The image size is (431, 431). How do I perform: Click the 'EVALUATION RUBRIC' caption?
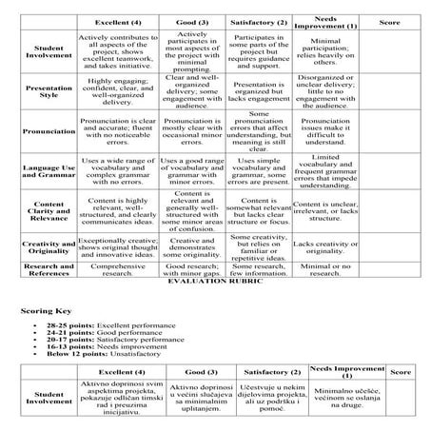(x=215, y=283)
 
